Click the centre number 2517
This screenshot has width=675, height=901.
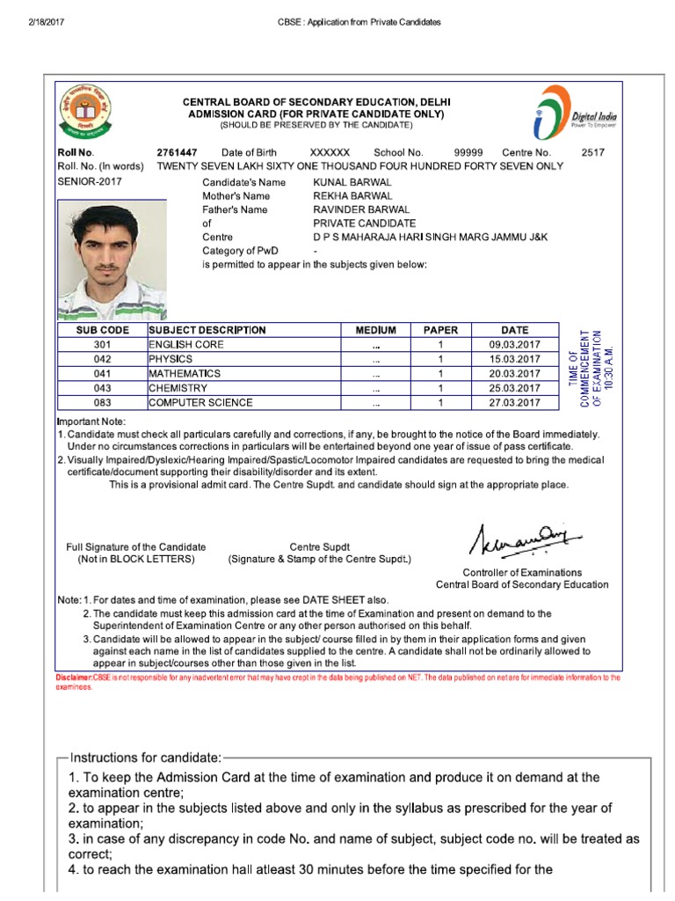pos(593,152)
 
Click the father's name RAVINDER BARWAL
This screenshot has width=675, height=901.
pos(361,209)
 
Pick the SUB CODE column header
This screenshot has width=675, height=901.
pos(103,330)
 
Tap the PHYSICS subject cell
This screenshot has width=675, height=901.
pos(171,359)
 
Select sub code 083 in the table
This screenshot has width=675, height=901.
pos(103,402)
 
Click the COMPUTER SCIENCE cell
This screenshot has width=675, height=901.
pos(200,402)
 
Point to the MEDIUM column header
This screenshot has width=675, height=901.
pos(375,330)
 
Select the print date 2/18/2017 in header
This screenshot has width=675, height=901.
pos(35,22)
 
